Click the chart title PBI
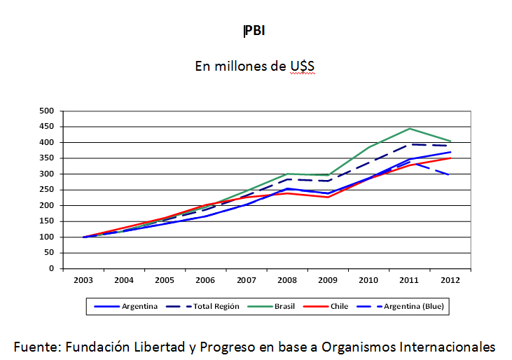pyautogui.click(x=255, y=32)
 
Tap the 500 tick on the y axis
pyautogui.click(x=47, y=111)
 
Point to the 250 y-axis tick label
pyautogui.click(x=47, y=190)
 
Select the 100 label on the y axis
pyautogui.click(x=47, y=237)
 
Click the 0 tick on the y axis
pyautogui.click(x=51, y=269)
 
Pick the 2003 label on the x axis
pyautogui.click(x=83, y=280)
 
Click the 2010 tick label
pyautogui.click(x=368, y=280)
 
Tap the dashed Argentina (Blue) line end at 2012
pyautogui.click(x=448, y=175)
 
